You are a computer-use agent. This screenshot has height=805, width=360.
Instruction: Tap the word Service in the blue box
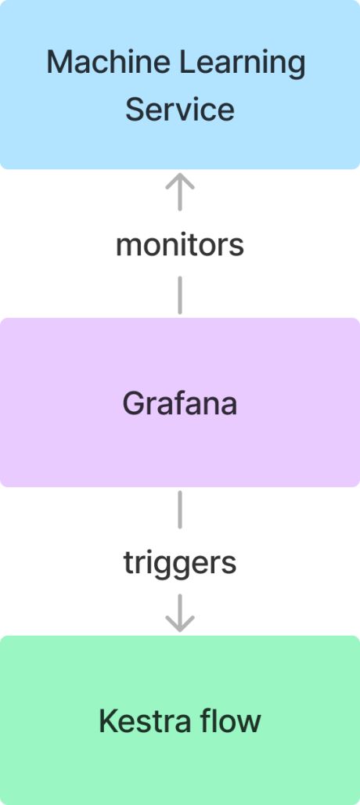[179, 109]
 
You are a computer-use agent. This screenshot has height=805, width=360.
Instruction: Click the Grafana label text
[179, 403]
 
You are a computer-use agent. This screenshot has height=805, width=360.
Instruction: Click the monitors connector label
[179, 245]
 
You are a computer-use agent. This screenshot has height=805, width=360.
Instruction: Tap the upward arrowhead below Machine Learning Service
[179, 182]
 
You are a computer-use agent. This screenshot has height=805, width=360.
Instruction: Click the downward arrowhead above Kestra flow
[179, 623]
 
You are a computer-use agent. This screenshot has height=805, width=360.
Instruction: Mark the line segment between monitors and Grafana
[179, 294]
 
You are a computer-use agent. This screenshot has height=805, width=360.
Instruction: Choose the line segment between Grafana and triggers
[179, 510]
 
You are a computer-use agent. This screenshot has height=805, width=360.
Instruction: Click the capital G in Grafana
[134, 403]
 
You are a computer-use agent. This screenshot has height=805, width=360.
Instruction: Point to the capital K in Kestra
[109, 720]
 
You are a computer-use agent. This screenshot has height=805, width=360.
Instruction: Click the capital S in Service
[136, 109]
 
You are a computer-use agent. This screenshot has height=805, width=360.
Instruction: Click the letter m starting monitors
[129, 247]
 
